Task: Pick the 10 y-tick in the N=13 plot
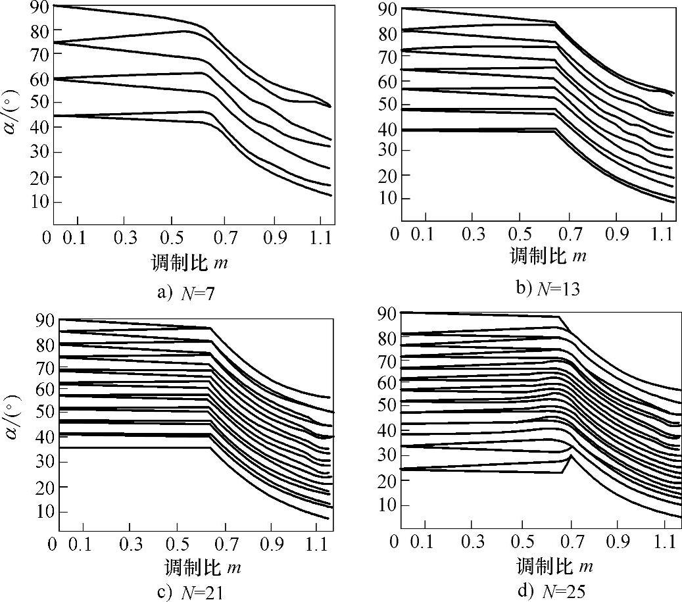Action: pos(384,199)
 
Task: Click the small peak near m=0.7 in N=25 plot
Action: pos(572,456)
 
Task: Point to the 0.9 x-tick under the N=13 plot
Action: pos(616,235)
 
